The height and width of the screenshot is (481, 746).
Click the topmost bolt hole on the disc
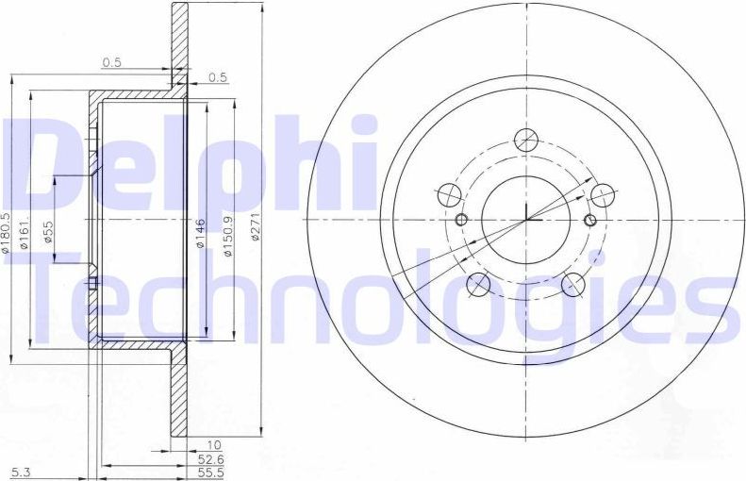[525, 141]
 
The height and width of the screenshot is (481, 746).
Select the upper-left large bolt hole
[450, 195]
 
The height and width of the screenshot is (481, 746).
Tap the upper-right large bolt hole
[601, 195]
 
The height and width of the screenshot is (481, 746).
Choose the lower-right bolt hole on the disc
[572, 283]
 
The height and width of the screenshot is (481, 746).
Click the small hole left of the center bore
[461, 221]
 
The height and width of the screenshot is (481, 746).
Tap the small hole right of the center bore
[590, 221]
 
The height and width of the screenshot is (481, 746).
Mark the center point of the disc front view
[525, 221]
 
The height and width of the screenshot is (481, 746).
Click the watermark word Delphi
[189, 165]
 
